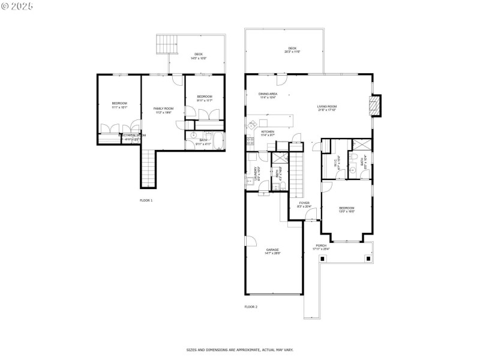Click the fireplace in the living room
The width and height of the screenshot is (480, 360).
point(374,107)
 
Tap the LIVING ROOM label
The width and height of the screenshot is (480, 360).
point(327,108)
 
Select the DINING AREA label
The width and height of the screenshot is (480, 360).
point(268,95)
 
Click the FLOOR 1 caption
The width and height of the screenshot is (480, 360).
point(146,200)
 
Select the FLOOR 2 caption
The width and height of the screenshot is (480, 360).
point(251,307)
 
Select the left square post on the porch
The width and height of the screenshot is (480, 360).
point(323,258)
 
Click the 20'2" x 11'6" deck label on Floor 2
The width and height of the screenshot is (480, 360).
point(292,50)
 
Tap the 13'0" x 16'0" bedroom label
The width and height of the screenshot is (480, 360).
point(347,210)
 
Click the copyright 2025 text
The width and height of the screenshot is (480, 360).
point(17,5)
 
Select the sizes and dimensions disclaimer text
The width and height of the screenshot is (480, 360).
point(239,349)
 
